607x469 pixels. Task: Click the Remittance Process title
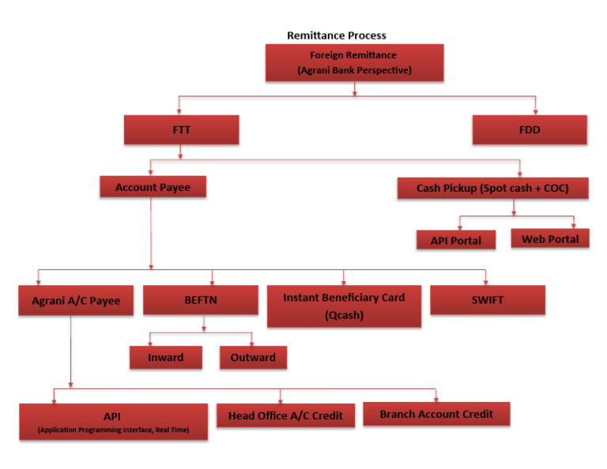point(337,36)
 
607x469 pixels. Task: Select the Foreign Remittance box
point(354,62)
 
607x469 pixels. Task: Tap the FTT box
point(181,129)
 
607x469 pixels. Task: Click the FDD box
point(530,129)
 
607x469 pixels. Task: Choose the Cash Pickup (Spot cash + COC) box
point(492,188)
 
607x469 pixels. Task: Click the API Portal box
point(455,240)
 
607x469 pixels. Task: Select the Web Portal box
point(549,238)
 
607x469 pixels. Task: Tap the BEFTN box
point(200,300)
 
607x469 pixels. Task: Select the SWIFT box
point(488,299)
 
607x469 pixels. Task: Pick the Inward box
point(165,358)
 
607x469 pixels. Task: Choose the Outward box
point(253,358)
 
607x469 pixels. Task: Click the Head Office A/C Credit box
point(285,415)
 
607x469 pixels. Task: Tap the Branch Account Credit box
point(436,414)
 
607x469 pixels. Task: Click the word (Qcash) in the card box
point(344,314)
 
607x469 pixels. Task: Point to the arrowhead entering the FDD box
point(536,111)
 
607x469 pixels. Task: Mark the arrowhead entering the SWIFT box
point(487,281)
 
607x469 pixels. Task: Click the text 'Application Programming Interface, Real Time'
point(113,430)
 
